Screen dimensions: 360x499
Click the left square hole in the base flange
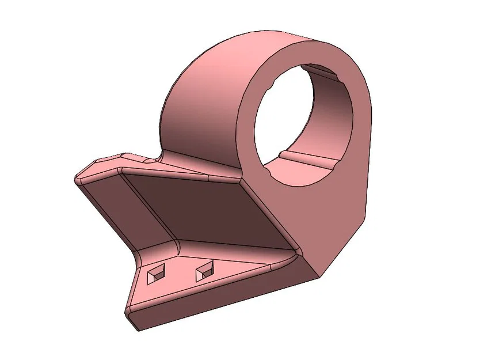(x=156, y=274)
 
